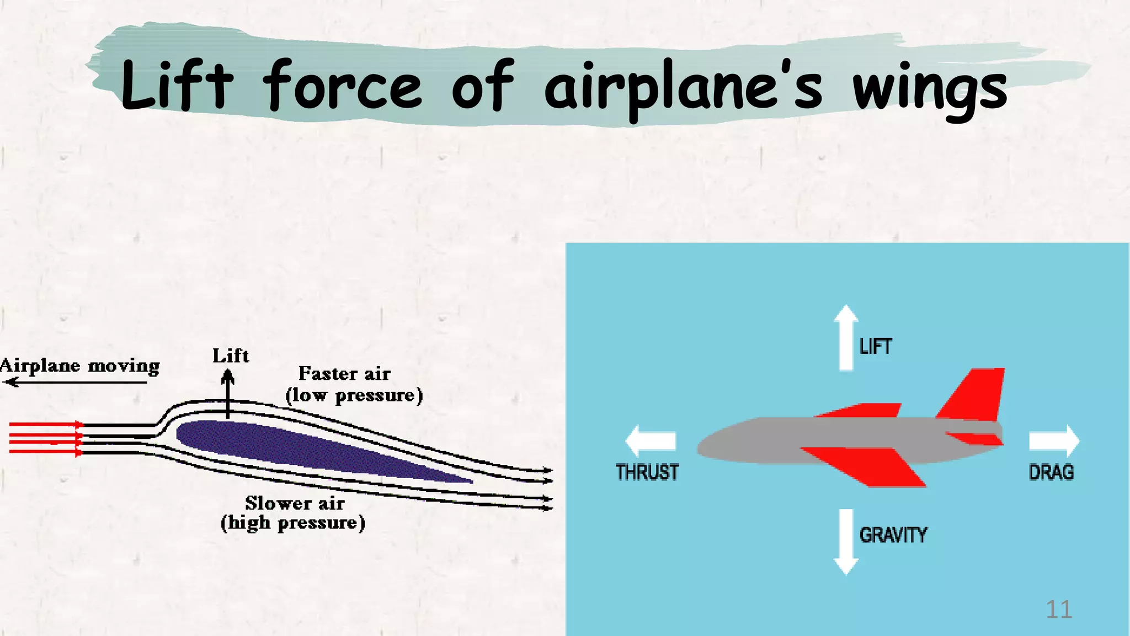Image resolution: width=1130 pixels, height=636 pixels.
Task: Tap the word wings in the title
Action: (x=930, y=88)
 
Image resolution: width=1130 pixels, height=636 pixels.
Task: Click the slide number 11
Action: (x=1059, y=609)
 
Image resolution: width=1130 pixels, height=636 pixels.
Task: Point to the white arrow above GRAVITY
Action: (x=845, y=542)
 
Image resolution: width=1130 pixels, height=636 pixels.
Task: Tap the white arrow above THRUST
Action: (x=651, y=441)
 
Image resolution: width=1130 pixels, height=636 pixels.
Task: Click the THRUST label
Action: (x=647, y=473)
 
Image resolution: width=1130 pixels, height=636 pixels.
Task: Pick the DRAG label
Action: (x=1051, y=473)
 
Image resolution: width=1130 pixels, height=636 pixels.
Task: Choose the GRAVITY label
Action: (x=893, y=535)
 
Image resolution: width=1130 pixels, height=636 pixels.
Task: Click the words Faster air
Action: (x=344, y=374)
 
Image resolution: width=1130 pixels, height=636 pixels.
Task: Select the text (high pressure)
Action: (x=293, y=522)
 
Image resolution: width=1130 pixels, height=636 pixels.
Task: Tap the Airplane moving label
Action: (x=80, y=366)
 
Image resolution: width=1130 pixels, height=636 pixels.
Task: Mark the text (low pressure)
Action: (x=354, y=395)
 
